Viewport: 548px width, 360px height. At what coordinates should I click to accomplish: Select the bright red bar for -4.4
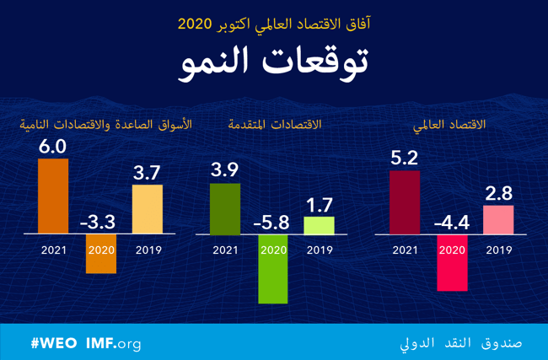tap(452, 262)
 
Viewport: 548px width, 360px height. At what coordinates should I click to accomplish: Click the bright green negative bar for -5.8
tap(272, 268)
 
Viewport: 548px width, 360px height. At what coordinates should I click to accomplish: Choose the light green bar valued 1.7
tap(319, 225)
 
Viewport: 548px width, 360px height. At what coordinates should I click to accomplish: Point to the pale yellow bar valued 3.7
tap(147, 209)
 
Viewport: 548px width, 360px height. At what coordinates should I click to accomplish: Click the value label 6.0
tap(53, 146)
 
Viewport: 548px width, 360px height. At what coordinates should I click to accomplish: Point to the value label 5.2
tap(405, 158)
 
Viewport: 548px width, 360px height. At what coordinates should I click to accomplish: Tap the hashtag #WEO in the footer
tap(54, 344)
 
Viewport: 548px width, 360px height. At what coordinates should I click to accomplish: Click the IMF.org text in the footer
tap(113, 344)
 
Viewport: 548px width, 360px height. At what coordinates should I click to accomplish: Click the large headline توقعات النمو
tap(274, 65)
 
